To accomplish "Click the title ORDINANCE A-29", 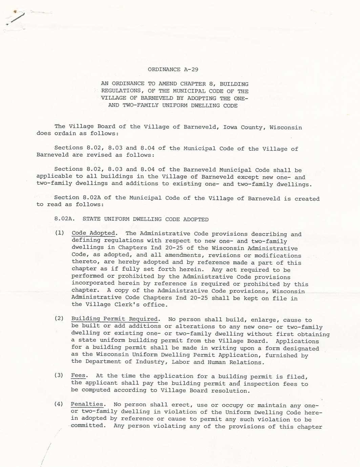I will tap(173, 69).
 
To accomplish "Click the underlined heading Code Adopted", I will tap(93, 233).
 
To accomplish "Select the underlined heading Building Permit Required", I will tap(114, 319).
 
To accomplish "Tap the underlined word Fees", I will tap(78, 376).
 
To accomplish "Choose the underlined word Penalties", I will tap(87, 404).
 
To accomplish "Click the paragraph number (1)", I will tap(60, 233).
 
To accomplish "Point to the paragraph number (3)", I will tap(59, 376).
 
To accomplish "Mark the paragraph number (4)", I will tap(59, 404).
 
